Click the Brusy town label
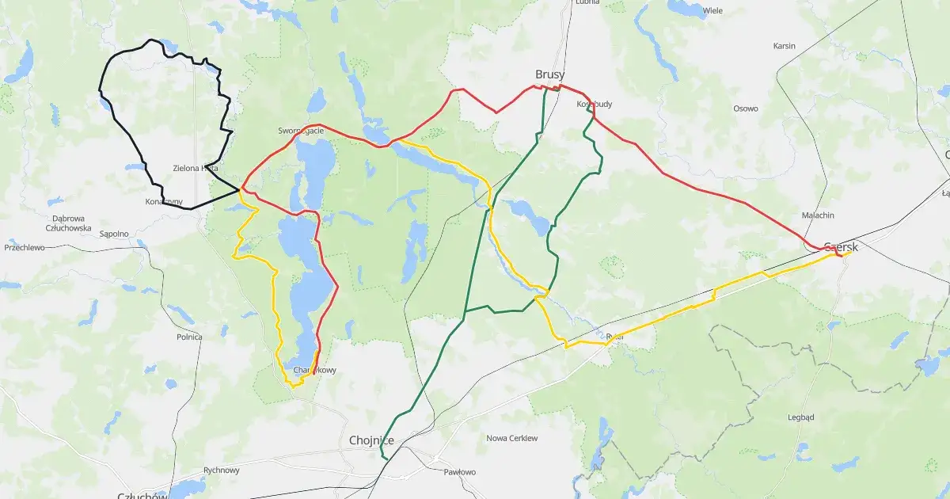[549, 74]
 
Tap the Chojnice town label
[371, 440]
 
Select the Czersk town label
[841, 246]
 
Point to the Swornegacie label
[301, 130]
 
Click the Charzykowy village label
[314, 370]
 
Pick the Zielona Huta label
[196, 168]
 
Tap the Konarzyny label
[164, 202]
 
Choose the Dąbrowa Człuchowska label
[70, 223]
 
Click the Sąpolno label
[114, 234]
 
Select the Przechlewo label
[25, 247]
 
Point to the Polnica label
[189, 337]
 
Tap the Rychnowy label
[221, 470]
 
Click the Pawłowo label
[460, 472]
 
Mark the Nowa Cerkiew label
[511, 438]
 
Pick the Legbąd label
[801, 417]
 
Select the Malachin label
[818, 215]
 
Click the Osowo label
[745, 109]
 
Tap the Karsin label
[784, 45]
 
